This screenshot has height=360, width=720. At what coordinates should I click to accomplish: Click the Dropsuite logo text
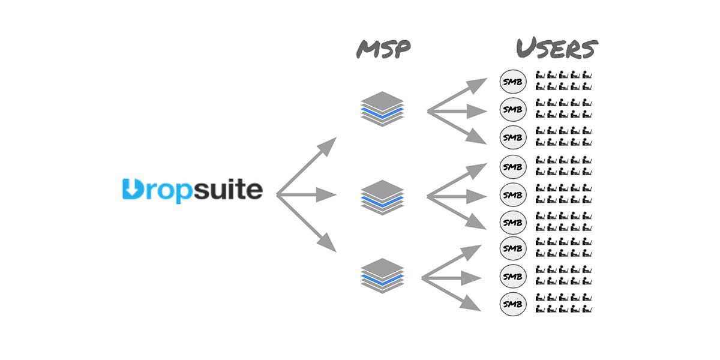(x=192, y=190)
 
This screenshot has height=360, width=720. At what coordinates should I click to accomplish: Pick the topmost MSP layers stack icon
(x=383, y=109)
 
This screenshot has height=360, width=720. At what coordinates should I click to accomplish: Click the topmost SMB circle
(x=512, y=82)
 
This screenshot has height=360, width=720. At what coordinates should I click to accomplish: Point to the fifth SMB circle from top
(x=512, y=194)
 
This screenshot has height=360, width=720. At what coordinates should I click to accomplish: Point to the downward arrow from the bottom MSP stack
(x=453, y=295)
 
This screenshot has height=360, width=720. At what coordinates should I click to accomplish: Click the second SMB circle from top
(x=512, y=109)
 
